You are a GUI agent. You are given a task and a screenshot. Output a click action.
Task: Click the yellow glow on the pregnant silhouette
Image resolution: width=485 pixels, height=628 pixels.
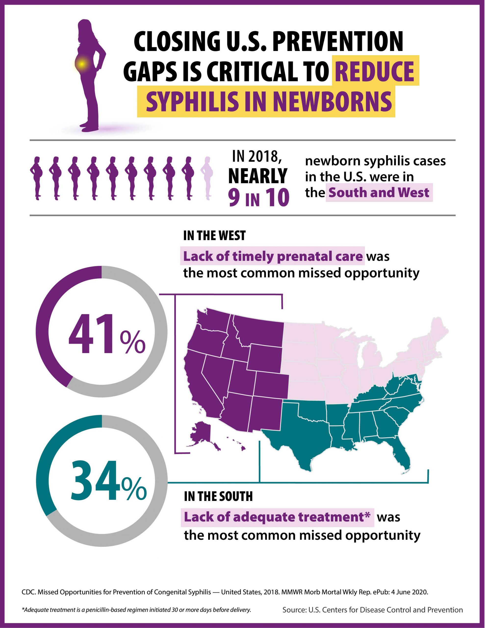[82, 64]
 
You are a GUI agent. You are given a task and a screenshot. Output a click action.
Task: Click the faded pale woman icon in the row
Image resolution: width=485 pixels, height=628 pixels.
[208, 178]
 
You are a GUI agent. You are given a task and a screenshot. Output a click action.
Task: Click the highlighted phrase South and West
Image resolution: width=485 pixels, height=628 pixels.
[379, 192]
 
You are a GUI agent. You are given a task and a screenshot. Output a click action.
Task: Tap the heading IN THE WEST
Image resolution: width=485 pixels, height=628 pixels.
[215, 236]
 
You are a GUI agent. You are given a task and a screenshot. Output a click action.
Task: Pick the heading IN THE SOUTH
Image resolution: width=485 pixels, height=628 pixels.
[218, 504]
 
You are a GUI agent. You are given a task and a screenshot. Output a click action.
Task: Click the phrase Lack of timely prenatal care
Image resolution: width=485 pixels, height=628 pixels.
[273, 256]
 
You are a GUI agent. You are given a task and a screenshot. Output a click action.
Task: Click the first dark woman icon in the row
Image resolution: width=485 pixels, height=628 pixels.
[37, 178]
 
